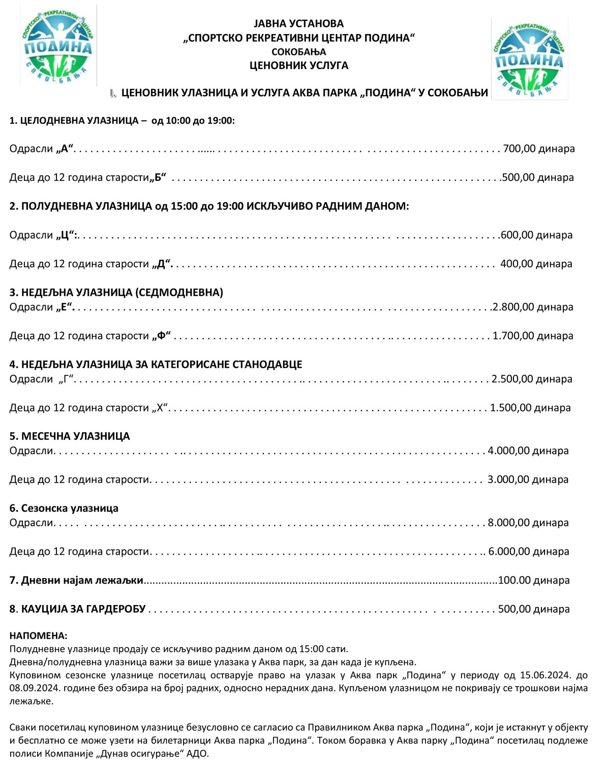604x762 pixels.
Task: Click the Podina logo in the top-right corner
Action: (529, 58)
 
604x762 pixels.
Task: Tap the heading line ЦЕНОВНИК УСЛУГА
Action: (298, 66)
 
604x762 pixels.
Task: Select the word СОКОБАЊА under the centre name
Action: (298, 52)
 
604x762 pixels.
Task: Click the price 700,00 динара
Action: (538, 149)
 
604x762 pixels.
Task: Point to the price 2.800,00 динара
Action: (533, 307)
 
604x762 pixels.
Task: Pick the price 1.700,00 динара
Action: (533, 336)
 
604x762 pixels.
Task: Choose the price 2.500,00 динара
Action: (532, 379)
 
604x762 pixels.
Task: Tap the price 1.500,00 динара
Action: (530, 408)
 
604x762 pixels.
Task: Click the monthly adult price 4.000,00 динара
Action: (528, 451)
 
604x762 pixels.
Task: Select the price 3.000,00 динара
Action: (528, 480)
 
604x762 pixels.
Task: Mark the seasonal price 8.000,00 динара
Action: (528, 523)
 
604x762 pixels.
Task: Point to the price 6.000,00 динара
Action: (529, 552)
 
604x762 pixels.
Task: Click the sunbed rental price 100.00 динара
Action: (534, 581)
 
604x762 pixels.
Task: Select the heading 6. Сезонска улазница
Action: (64, 509)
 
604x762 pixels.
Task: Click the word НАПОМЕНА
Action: (38, 636)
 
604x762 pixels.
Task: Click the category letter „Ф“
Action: (162, 336)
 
